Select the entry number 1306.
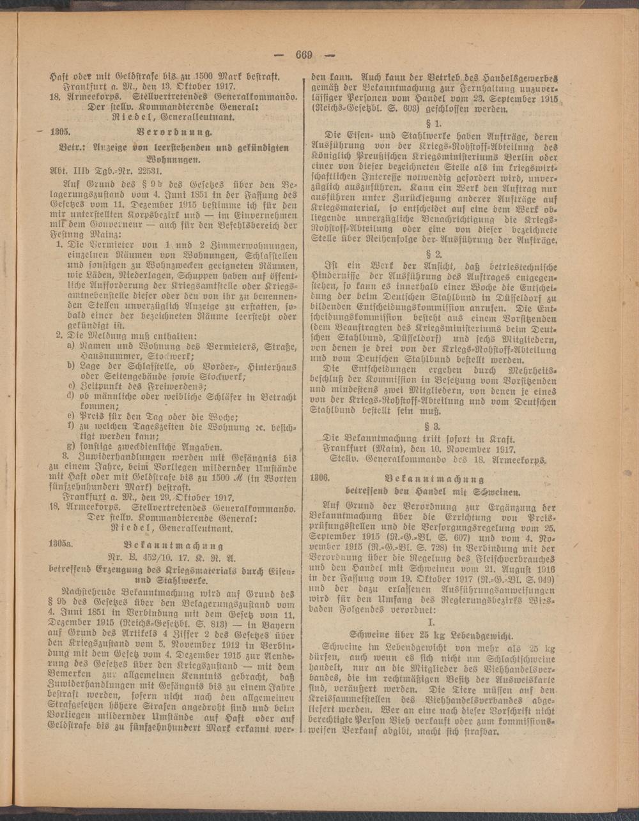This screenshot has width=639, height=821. [x=319, y=478]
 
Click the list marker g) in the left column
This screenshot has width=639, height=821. [x=72, y=446]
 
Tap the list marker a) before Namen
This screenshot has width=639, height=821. [x=72, y=346]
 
